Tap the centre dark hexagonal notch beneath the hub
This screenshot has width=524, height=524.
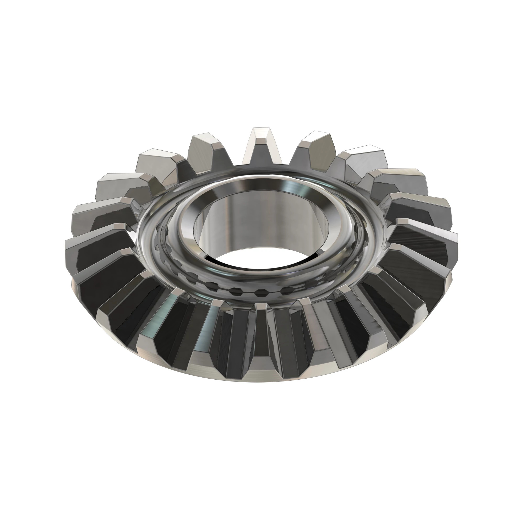(261, 293)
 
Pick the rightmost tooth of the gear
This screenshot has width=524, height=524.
(445, 244)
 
